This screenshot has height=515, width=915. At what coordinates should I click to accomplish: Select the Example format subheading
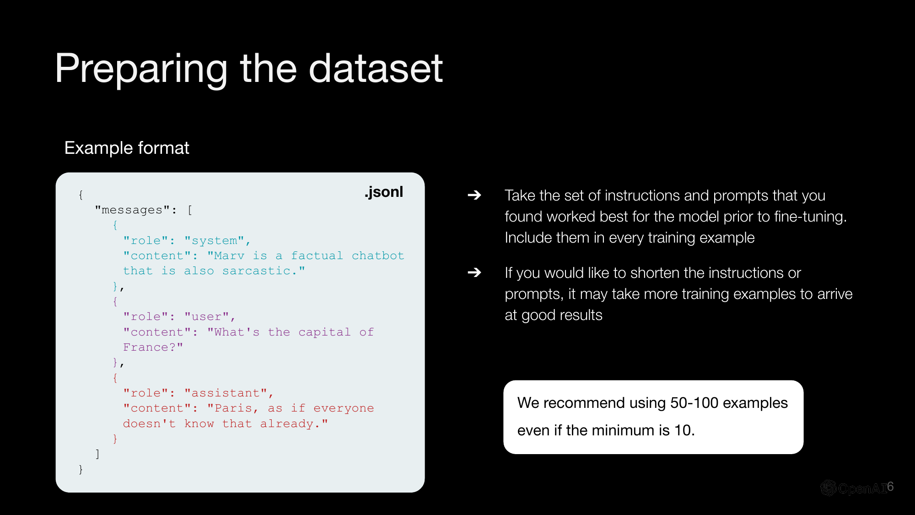[x=127, y=148]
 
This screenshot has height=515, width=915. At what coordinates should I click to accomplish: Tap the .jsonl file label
[x=384, y=192]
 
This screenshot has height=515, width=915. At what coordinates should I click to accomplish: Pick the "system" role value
[x=215, y=240]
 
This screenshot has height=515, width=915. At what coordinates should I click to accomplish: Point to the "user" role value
[x=207, y=316]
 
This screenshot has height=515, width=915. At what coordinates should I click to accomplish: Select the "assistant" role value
[x=226, y=393]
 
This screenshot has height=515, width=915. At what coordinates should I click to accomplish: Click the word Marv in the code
[x=229, y=255]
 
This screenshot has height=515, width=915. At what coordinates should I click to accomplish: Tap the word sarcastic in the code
[x=256, y=271]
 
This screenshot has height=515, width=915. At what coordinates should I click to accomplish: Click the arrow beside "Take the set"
[x=474, y=195]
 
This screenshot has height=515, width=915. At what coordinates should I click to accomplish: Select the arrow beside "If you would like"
[x=474, y=273]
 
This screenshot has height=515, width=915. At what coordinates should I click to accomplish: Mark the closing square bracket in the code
[x=97, y=454]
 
